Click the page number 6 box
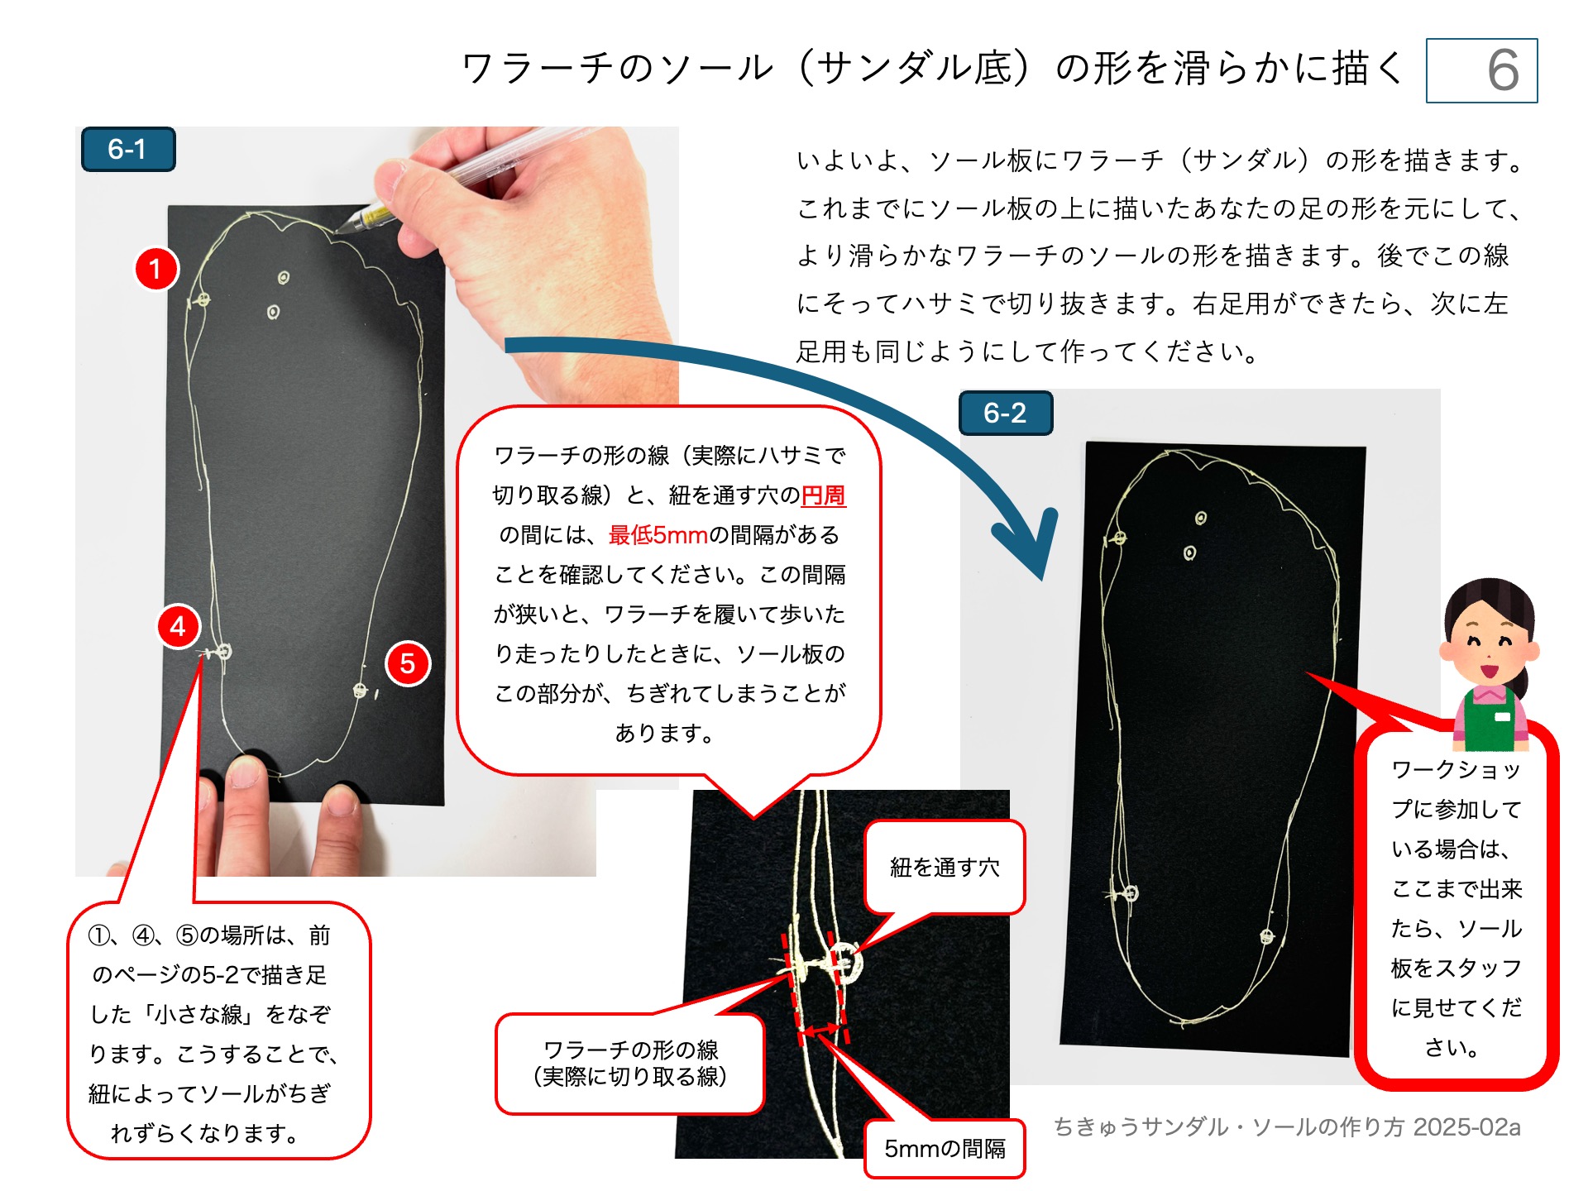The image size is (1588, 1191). point(1481,70)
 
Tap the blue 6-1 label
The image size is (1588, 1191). point(128,150)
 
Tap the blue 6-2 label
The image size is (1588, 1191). point(1005,413)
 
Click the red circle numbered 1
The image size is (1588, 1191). point(155,269)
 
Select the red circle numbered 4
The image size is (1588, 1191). point(179,627)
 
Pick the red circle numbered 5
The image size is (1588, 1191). point(408,663)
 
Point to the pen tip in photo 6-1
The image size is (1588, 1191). point(340,230)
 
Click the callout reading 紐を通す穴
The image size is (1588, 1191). point(945,868)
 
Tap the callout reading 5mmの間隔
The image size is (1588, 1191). point(945,1149)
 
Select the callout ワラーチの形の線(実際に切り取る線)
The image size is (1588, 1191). point(630,1064)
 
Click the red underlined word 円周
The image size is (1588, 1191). point(824,495)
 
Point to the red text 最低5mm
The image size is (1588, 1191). point(658,535)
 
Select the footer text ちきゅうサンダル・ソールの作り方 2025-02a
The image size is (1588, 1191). point(1287,1127)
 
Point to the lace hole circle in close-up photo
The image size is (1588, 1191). point(845,962)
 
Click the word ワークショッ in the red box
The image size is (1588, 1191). point(1456,770)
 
